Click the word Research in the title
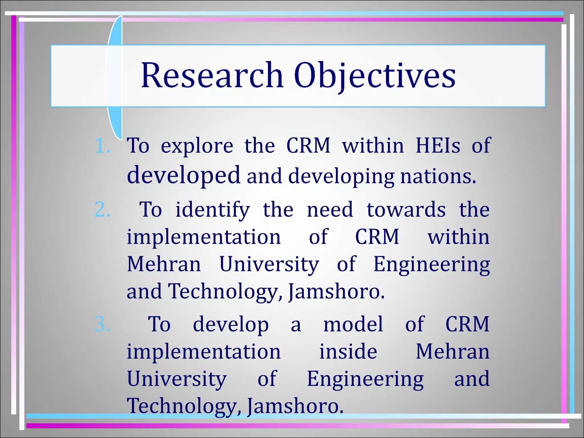pyautogui.click(x=212, y=75)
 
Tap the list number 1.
pyautogui.click(x=102, y=146)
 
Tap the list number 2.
pyautogui.click(x=102, y=210)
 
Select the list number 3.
pyautogui.click(x=102, y=324)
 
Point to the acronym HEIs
pyautogui.click(x=438, y=146)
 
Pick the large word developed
pyautogui.click(x=183, y=175)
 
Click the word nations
pyautogui.click(x=438, y=177)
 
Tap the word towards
pyautogui.click(x=406, y=210)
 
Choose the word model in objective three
pyautogui.click(x=353, y=325)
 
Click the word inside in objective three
pyautogui.click(x=348, y=352)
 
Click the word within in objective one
pyautogui.click(x=373, y=146)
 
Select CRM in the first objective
pyautogui.click(x=308, y=146)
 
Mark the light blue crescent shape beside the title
pyautogui.click(x=114, y=77)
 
